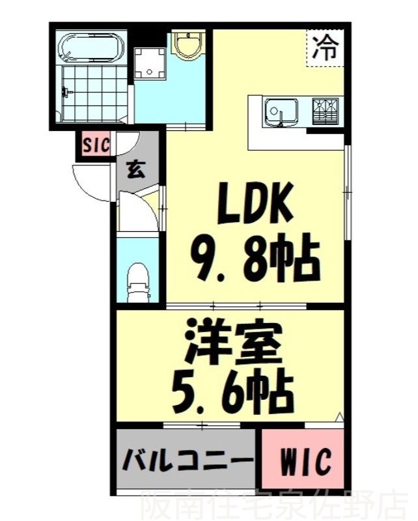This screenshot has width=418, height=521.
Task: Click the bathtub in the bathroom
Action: (91, 48)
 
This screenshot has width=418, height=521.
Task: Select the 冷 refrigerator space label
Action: (323, 48)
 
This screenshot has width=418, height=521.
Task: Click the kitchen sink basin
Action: (281, 110)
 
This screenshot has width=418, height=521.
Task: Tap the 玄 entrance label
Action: (135, 171)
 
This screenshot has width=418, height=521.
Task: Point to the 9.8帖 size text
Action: (255, 261)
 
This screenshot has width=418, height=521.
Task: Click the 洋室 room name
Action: (232, 343)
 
